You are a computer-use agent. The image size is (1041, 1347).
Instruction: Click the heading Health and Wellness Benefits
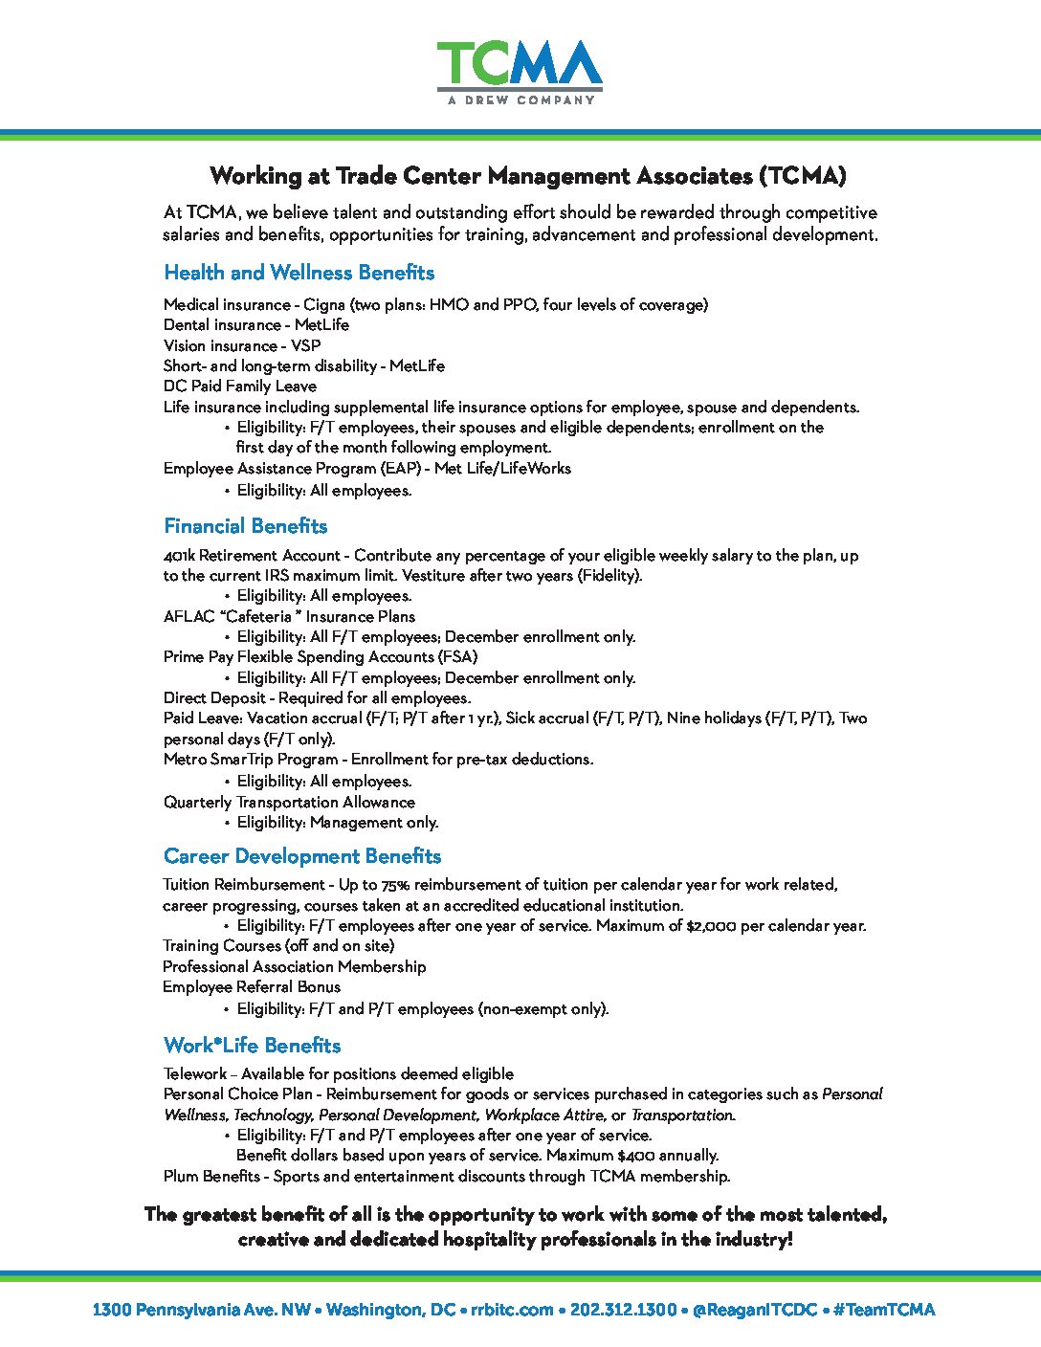point(299,273)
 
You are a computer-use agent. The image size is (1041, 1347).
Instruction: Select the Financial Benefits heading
point(245,526)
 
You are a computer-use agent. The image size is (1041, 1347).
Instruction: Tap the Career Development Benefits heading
point(301,856)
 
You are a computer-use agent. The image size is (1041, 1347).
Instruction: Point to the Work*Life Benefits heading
point(252,1046)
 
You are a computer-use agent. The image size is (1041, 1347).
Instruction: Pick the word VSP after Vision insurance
point(305,345)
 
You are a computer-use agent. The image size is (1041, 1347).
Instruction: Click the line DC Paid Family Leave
point(239,386)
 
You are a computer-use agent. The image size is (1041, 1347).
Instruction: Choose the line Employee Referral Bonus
point(251,987)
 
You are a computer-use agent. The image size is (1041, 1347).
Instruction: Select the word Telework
point(194,1074)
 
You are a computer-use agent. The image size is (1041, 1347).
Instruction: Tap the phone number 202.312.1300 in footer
point(623,1310)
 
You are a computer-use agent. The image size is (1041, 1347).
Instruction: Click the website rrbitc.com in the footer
point(512,1310)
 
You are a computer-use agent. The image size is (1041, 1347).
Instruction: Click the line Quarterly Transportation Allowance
point(289,803)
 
